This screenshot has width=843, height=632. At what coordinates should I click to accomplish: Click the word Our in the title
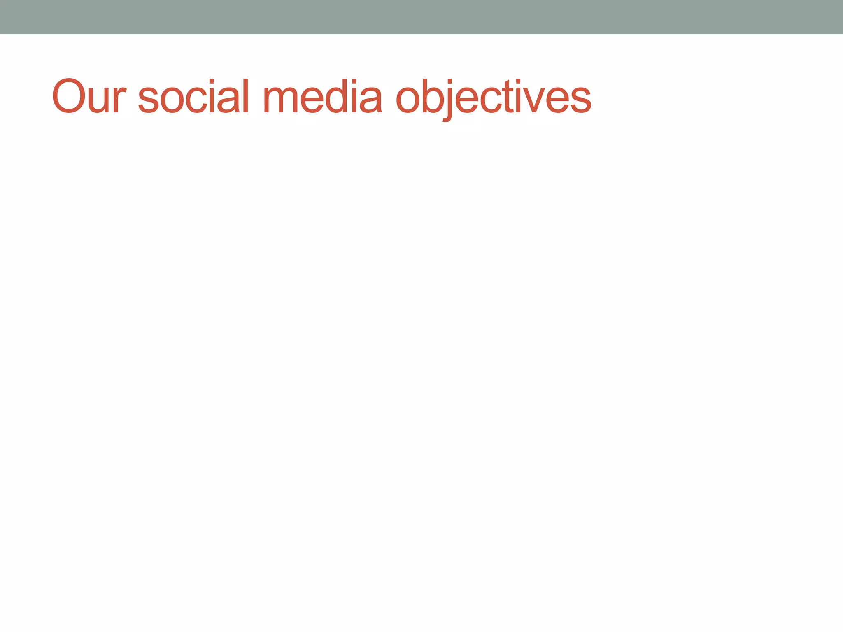[x=88, y=96]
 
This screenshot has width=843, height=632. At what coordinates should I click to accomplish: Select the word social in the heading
[x=193, y=96]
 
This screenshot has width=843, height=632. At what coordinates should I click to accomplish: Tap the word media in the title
[x=322, y=96]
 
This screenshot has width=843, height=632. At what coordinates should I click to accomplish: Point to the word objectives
[x=493, y=97]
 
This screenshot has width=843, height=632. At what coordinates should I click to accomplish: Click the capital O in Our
[x=69, y=96]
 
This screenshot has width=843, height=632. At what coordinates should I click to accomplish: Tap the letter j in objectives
[x=448, y=103]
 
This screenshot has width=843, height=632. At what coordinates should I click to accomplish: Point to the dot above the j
[x=449, y=81]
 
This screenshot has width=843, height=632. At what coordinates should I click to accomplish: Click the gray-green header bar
[x=421, y=16]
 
